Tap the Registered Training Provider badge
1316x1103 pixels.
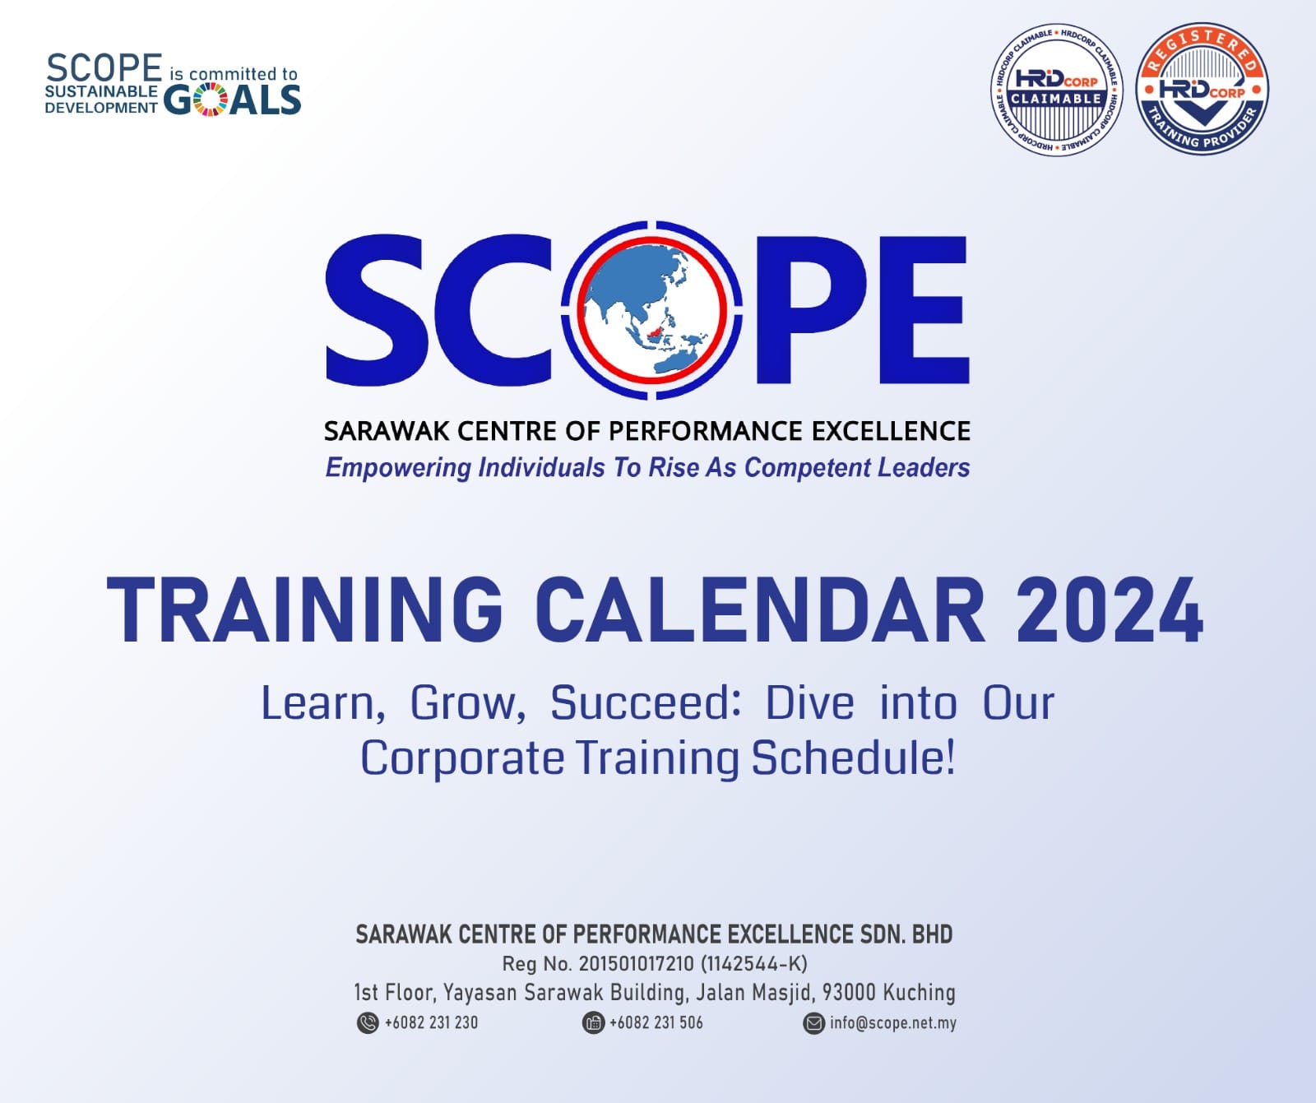[1202, 88]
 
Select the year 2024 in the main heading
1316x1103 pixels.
[1110, 609]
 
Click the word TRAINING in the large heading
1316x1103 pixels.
[304, 609]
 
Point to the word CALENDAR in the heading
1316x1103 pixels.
[760, 609]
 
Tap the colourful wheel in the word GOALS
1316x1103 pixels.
[210, 100]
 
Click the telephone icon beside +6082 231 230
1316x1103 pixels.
[368, 1022]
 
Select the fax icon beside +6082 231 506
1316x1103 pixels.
[593, 1022]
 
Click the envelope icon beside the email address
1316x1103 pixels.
[813, 1023]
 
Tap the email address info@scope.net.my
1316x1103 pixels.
[893, 1023]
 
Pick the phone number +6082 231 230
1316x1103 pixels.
[431, 1022]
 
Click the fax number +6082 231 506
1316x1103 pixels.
[656, 1022]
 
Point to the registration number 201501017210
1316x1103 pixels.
[636, 963]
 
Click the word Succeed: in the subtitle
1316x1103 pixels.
[641, 703]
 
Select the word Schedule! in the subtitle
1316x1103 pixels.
[854, 757]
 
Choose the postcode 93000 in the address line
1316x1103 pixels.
[849, 993]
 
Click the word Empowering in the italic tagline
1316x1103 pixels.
[399, 468]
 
